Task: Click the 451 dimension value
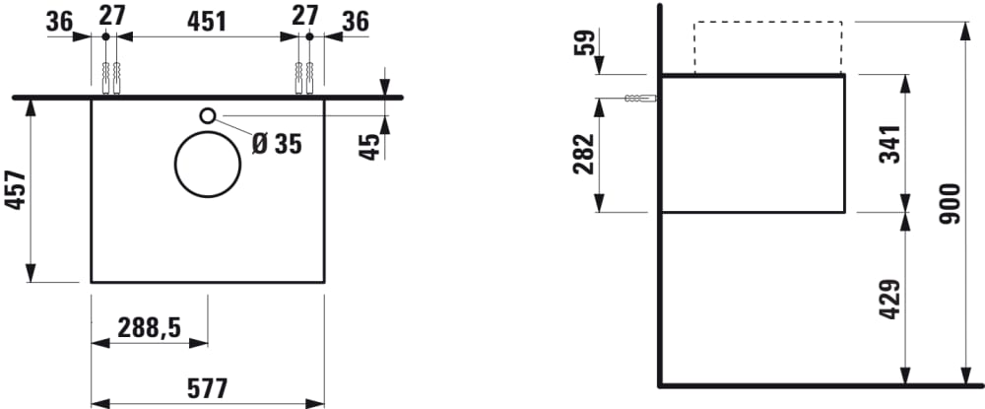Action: click(208, 20)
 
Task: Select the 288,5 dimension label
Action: click(149, 326)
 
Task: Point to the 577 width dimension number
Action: click(207, 388)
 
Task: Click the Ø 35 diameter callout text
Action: click(276, 144)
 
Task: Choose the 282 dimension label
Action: click(584, 154)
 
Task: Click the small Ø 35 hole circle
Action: click(208, 115)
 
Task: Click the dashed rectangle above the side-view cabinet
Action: click(767, 46)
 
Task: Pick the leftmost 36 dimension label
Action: click(59, 20)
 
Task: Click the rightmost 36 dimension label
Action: click(357, 20)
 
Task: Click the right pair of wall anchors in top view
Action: click(304, 77)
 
